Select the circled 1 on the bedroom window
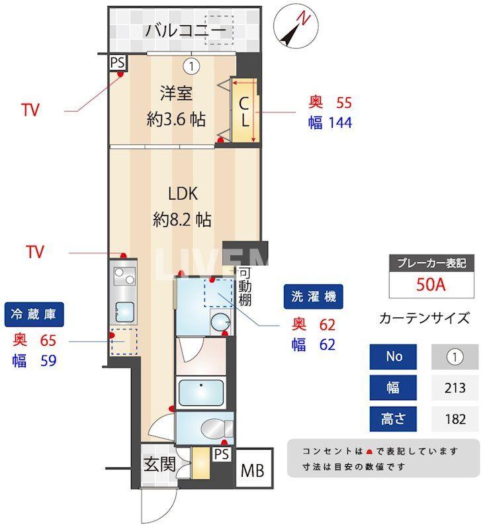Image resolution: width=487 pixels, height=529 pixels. click(x=191, y=65)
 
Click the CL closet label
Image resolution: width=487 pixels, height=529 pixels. click(x=244, y=112)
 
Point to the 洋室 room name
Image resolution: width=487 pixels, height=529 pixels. click(x=176, y=93)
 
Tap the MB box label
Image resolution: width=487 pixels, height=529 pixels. click(x=252, y=471)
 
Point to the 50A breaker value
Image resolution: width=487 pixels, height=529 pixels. click(x=430, y=285)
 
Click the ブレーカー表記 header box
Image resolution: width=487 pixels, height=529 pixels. click(x=430, y=263)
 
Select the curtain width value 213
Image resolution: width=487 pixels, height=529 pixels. click(x=455, y=387)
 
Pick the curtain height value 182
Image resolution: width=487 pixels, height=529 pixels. click(x=455, y=419)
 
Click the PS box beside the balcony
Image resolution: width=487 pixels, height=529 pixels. click(x=118, y=63)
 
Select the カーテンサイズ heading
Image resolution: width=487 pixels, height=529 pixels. click(x=424, y=318)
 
